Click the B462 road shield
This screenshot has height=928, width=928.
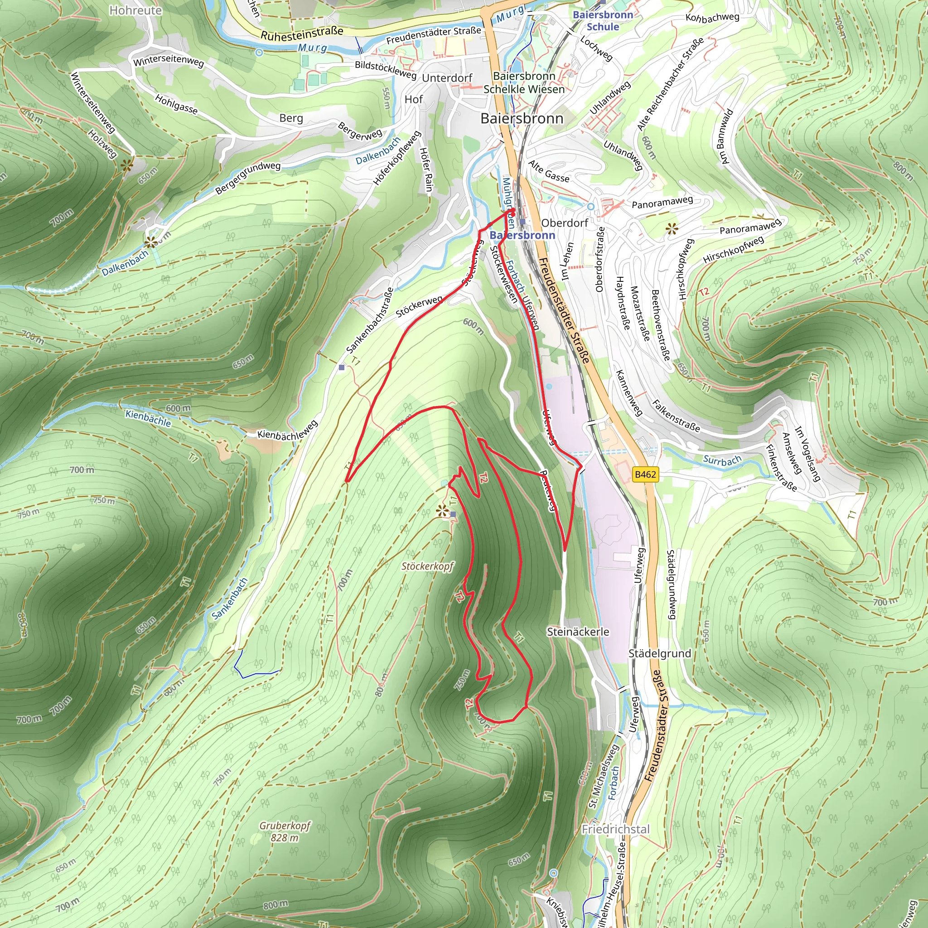[x=645, y=474]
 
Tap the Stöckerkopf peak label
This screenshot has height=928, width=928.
[x=427, y=566]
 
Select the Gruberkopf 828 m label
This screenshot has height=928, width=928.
[x=285, y=831]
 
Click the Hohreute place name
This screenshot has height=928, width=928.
[x=135, y=10]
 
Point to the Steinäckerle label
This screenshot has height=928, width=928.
[x=578, y=632]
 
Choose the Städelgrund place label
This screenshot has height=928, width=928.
[x=659, y=653]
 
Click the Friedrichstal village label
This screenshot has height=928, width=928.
[x=615, y=829]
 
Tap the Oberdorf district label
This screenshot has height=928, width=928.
[x=565, y=223]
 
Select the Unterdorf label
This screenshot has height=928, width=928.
[x=447, y=78]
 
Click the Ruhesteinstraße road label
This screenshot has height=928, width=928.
[x=302, y=33]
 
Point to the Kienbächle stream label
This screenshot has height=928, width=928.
[x=148, y=418]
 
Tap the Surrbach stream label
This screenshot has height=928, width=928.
[x=722, y=460]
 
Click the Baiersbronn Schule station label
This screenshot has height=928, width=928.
[x=603, y=21]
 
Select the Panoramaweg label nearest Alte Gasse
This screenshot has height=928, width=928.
[x=662, y=202]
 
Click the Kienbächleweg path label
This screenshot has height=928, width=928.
[x=287, y=430]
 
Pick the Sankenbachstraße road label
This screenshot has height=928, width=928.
[x=369, y=320]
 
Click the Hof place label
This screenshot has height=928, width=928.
[x=414, y=99]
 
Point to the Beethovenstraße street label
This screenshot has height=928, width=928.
[x=661, y=325]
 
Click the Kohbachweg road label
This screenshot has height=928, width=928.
[x=712, y=18]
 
